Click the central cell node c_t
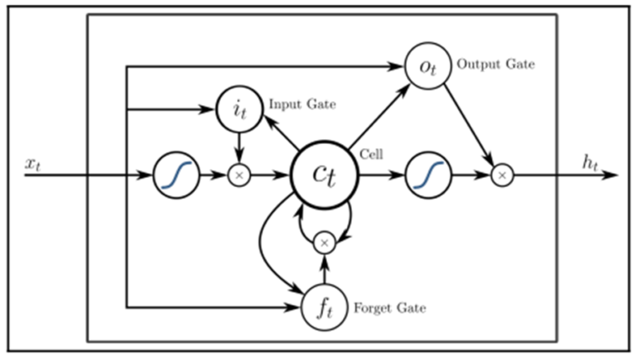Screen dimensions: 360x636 pos(323,175)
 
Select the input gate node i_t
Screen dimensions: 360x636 pos(238,108)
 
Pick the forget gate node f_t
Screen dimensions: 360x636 pos(325,307)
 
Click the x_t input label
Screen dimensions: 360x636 pos(34,163)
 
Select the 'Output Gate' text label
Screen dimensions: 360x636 pos(495,65)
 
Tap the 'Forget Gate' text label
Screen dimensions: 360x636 pos(389,308)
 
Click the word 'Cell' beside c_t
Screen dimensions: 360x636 pos(373,155)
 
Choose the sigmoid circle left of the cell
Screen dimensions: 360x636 pos(176,175)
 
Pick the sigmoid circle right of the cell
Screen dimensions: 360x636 pos(428,175)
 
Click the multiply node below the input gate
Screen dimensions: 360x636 pos(238,175)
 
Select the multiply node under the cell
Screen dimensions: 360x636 pos(324,242)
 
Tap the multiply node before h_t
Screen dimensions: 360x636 pos(502,175)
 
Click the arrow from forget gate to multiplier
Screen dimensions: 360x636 pos(324,269)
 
